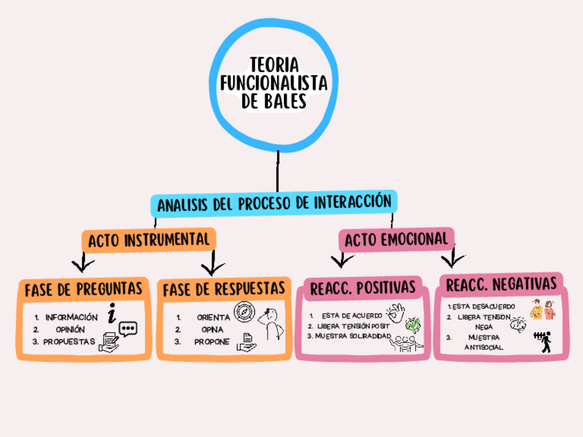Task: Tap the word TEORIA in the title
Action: (273, 65)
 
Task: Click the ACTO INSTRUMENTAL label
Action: (148, 240)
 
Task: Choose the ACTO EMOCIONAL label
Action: (397, 239)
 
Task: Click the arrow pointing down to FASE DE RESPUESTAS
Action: (210, 263)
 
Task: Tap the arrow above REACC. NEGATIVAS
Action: (451, 258)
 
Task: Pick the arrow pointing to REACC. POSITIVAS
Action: (338, 260)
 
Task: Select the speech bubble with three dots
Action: (128, 328)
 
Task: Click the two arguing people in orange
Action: (543, 309)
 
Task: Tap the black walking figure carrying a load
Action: (544, 340)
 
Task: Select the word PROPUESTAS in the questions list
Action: (69, 341)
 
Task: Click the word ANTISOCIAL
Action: (484, 347)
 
